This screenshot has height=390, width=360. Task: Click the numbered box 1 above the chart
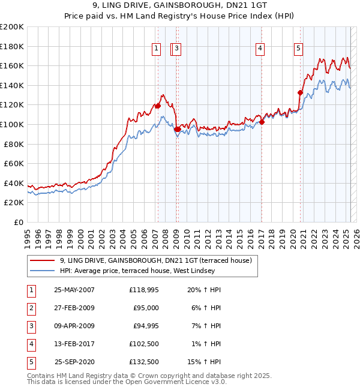point(156,49)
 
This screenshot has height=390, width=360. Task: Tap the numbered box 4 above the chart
point(260,49)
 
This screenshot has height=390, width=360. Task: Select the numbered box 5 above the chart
point(299,49)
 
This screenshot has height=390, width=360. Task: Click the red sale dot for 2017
point(262,122)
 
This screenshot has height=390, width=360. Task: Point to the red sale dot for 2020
point(300,92)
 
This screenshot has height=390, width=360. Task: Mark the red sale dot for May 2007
point(158,106)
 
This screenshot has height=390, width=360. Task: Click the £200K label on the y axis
point(12,27)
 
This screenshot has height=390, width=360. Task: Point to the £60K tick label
point(13,163)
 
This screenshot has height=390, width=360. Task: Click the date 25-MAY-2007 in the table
point(74,290)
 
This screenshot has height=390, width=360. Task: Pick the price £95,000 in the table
point(146,308)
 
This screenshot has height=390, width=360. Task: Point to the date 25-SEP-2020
point(74,362)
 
